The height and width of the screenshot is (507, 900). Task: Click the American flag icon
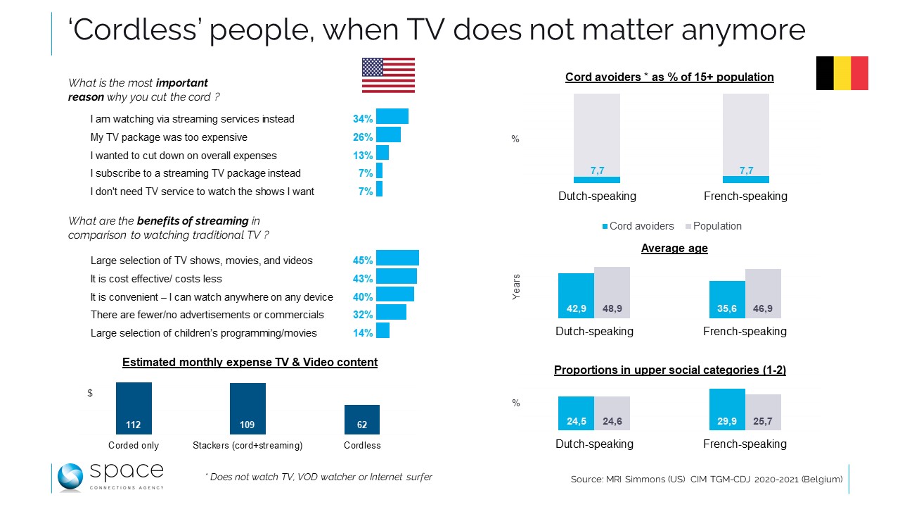click(388, 75)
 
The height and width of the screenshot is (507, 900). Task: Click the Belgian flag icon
click(842, 73)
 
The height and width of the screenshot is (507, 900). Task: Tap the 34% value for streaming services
click(363, 119)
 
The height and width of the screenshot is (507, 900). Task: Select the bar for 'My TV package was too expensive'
click(388, 134)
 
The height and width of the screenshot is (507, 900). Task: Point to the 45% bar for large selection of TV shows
click(397, 258)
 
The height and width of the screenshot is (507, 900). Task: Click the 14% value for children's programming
click(363, 333)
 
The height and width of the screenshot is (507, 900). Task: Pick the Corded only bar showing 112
click(134, 408)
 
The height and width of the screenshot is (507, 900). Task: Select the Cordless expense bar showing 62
click(362, 419)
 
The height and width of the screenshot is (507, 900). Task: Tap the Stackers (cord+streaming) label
click(247, 445)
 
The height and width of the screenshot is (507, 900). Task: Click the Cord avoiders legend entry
click(638, 226)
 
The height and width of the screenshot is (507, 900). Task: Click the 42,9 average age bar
click(576, 296)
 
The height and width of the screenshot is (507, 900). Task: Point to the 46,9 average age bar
click(764, 293)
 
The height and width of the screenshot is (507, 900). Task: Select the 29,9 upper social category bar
click(727, 409)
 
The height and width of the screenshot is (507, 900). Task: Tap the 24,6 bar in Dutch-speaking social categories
click(612, 413)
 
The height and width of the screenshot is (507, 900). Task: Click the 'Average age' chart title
click(674, 248)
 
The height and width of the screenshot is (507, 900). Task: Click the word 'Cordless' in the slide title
click(131, 30)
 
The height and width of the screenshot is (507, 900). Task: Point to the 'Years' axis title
click(517, 287)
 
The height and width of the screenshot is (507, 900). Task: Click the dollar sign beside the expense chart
click(90, 393)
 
